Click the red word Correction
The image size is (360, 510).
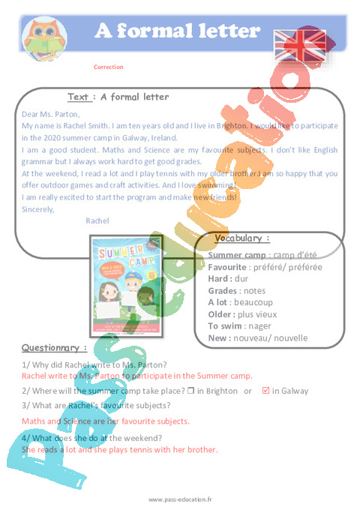coord(109,67)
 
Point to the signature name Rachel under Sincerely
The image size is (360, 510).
coord(97,220)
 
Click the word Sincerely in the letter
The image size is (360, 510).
coord(38,209)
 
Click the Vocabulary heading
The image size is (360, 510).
coord(242,238)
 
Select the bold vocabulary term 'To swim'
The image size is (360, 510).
coord(227,326)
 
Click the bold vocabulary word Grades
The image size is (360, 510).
coord(222,290)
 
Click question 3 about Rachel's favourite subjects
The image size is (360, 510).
coord(96,406)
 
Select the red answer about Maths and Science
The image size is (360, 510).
coord(106,421)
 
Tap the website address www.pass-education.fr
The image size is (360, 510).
coord(180,499)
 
